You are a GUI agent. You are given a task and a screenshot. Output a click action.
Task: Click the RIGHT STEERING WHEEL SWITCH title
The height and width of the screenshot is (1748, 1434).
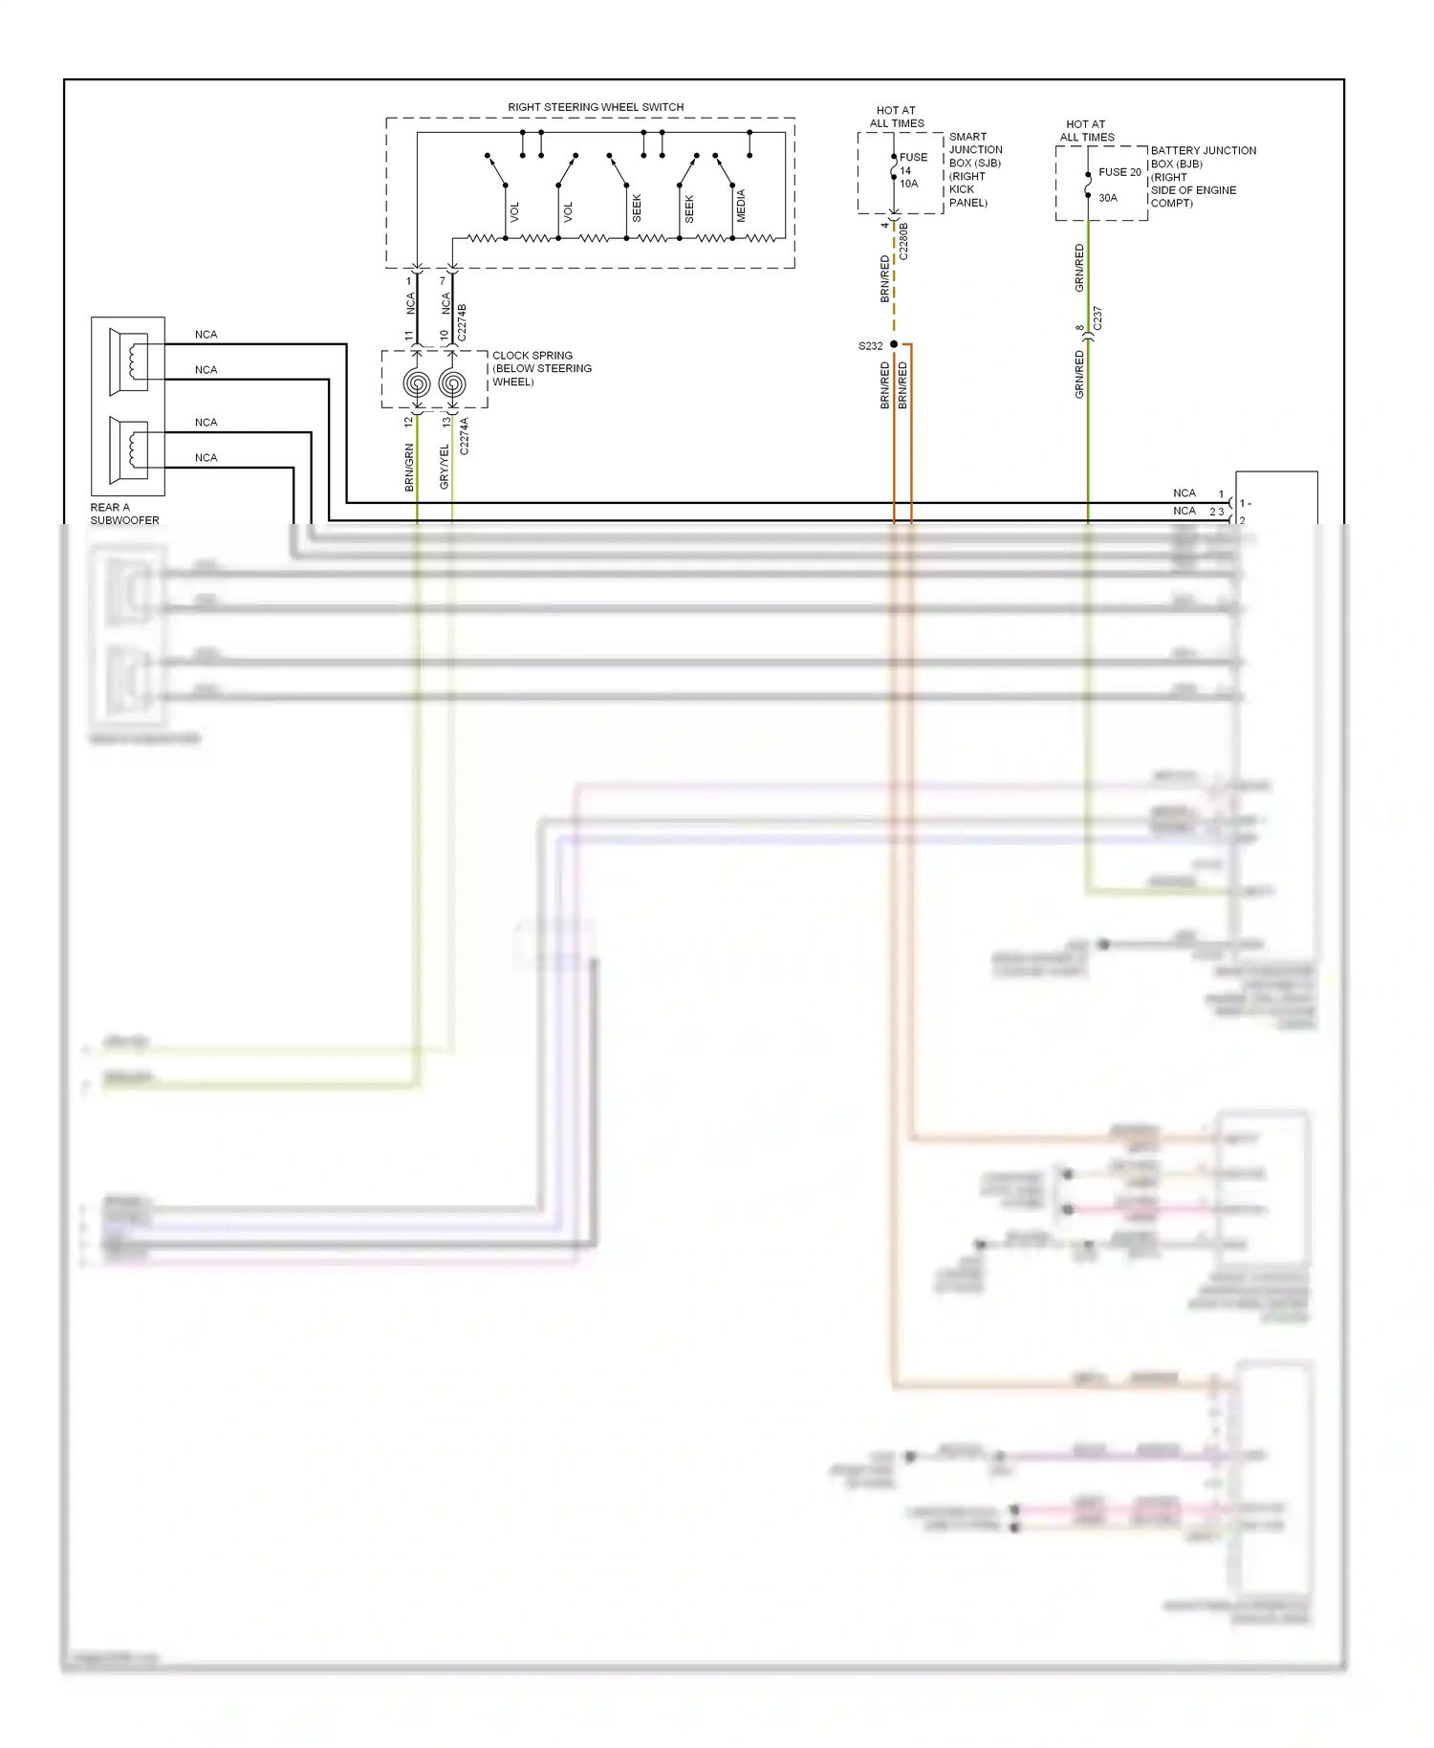point(595,107)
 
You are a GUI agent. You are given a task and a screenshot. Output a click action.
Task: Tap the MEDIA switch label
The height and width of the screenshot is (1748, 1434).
point(741,206)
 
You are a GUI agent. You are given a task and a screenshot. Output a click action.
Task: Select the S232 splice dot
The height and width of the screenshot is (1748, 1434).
point(894,344)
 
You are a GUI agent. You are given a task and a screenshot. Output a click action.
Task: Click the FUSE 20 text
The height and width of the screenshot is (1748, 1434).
point(1119,172)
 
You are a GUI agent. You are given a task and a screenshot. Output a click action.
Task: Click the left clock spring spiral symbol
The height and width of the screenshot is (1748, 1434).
point(417,383)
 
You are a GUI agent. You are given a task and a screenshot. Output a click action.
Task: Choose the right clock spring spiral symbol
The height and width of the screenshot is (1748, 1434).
point(452,383)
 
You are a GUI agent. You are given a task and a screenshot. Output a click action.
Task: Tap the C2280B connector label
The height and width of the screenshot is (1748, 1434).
point(903,241)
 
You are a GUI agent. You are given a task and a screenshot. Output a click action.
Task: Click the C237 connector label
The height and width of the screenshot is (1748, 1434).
point(1097,318)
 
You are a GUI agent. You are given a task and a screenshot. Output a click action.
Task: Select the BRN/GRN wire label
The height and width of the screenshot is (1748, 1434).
point(409,468)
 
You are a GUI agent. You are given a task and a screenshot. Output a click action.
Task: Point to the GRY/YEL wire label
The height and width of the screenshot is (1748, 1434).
point(444,467)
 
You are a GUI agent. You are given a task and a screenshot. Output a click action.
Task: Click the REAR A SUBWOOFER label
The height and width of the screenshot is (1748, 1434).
point(124,513)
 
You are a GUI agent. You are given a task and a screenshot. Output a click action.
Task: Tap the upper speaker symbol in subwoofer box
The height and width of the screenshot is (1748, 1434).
point(129,361)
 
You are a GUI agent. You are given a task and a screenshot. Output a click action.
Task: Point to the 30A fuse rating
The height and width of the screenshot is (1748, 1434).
point(1107,198)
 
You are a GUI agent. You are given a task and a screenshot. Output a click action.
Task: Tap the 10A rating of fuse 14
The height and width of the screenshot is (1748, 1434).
point(908,184)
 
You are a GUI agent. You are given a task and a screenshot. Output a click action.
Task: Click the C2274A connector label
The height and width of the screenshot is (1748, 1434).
point(465,435)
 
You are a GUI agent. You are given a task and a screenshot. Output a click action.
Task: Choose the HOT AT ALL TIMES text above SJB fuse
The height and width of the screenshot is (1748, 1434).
point(896,117)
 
